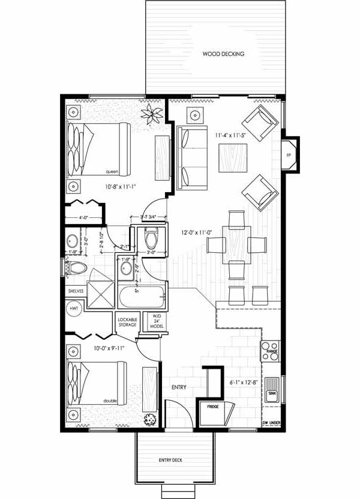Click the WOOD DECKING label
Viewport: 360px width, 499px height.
(223, 54)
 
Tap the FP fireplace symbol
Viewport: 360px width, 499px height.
(289, 156)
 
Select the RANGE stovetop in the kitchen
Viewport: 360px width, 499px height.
(270, 350)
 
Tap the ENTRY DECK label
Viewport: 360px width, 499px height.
(170, 461)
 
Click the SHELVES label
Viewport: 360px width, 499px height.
(75, 292)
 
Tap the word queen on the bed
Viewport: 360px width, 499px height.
(110, 171)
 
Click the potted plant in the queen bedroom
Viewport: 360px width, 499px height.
(149, 114)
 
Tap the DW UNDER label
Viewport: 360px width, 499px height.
(272, 423)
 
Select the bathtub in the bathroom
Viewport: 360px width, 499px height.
(142, 296)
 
